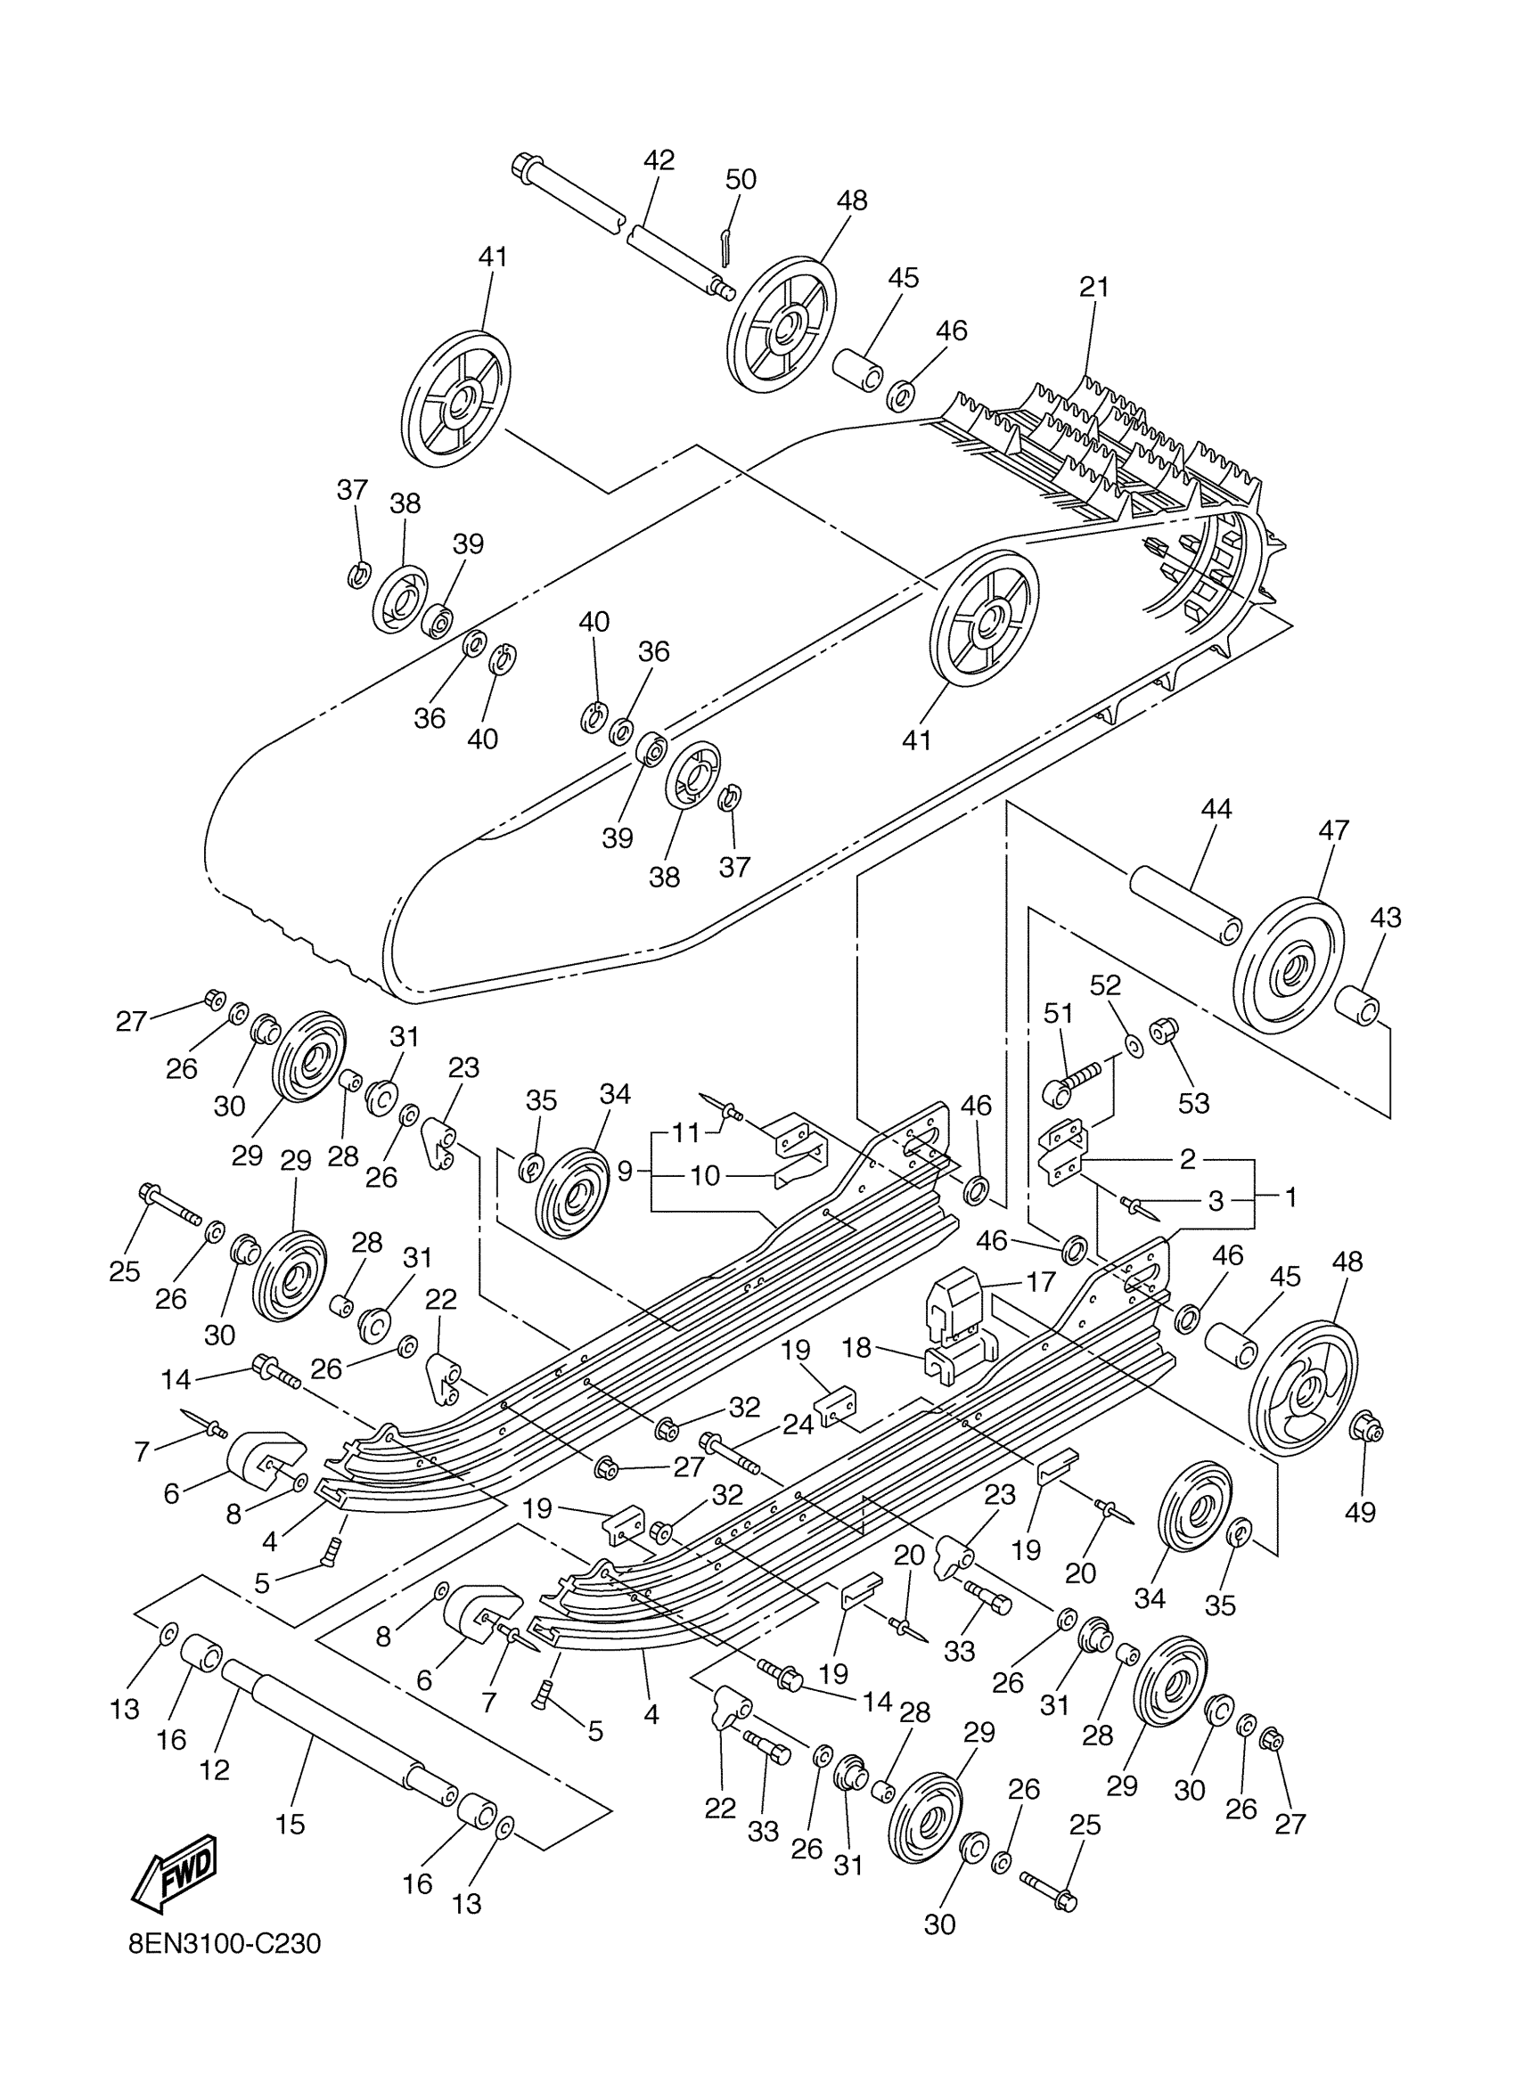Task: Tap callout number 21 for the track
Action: [1094, 287]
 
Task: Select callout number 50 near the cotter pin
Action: [741, 179]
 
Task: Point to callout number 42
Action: [659, 159]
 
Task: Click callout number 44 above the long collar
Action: [1216, 809]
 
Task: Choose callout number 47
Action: [1333, 829]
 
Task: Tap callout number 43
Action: [1385, 918]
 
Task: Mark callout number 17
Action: [1041, 1281]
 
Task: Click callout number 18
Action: [856, 1347]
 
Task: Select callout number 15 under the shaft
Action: [291, 1824]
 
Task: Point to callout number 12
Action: [214, 1769]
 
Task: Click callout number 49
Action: [1360, 1512]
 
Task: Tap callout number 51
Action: [1058, 1013]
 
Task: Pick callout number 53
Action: [1193, 1103]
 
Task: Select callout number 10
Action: [705, 1175]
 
